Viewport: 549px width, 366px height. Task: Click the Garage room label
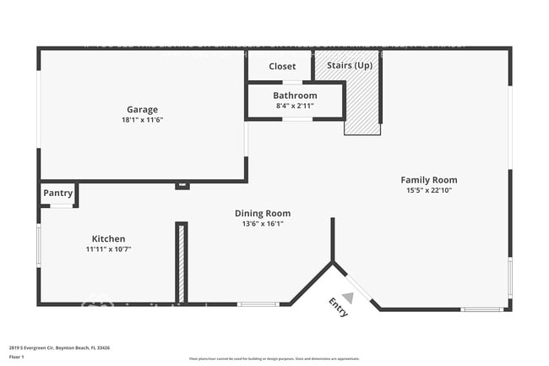[142, 109]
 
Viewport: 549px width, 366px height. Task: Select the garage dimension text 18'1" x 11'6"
[142, 120]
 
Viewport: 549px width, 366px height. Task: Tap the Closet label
[282, 67]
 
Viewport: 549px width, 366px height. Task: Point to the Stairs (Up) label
[344, 65]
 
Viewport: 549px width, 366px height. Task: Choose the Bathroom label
[295, 96]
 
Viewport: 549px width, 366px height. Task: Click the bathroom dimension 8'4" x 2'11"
[295, 107]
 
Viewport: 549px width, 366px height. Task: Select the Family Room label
[429, 180]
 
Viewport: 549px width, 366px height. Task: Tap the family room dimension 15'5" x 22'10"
[429, 191]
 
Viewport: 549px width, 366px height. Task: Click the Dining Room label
[263, 213]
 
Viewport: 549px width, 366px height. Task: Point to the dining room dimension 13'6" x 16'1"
[263, 224]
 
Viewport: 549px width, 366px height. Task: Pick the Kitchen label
[108, 238]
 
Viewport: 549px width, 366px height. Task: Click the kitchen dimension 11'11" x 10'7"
[108, 249]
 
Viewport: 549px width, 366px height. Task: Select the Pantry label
[57, 194]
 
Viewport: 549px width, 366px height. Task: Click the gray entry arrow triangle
[347, 297]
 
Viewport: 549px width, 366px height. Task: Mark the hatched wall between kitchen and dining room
[181, 263]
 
